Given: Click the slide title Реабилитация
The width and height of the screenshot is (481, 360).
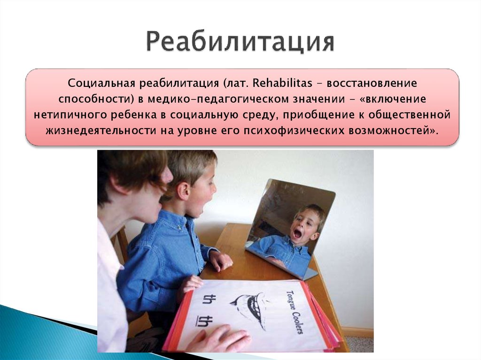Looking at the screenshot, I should tap(240, 42).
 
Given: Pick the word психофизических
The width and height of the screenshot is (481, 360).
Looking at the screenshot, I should tap(284, 130).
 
